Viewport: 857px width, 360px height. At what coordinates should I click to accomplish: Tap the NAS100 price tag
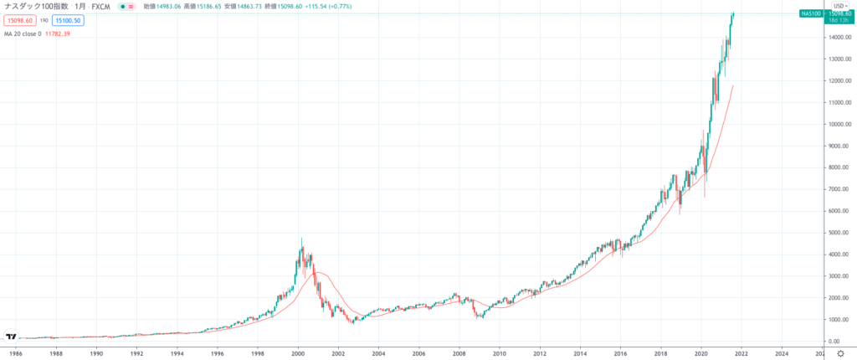click(813, 13)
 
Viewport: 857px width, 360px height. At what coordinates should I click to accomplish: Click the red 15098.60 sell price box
click(20, 19)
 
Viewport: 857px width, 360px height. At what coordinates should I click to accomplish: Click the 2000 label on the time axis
click(298, 354)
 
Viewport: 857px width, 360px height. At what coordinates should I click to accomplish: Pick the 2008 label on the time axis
click(459, 354)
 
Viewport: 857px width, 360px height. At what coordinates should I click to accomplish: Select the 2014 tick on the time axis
click(580, 354)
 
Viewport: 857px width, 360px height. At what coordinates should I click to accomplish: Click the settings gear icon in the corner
click(840, 354)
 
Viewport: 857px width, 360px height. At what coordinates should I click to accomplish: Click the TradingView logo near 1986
click(11, 337)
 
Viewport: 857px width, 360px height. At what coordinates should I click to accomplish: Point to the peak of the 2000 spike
click(301, 239)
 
